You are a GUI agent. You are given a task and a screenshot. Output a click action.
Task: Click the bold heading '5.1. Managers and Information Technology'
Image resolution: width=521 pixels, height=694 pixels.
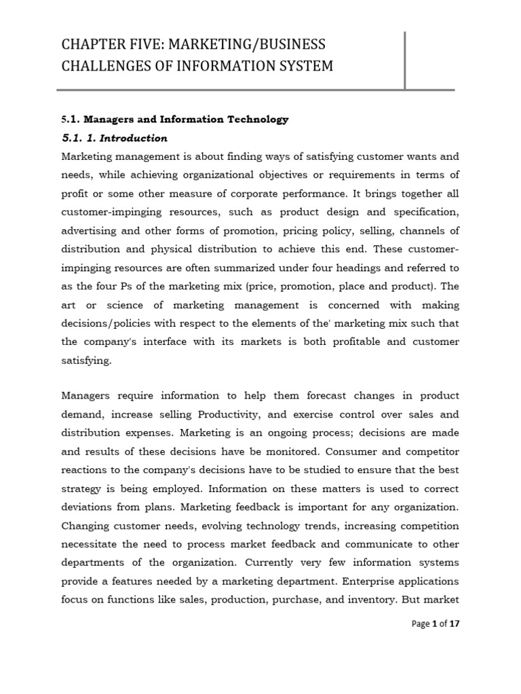coord(174,119)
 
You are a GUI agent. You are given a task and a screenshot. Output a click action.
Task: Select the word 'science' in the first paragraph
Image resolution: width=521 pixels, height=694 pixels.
coord(128,304)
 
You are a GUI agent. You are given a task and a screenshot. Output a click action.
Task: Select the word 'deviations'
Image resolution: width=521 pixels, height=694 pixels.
coord(87,506)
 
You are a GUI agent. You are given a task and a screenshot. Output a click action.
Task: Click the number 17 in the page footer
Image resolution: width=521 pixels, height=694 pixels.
coord(455,624)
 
